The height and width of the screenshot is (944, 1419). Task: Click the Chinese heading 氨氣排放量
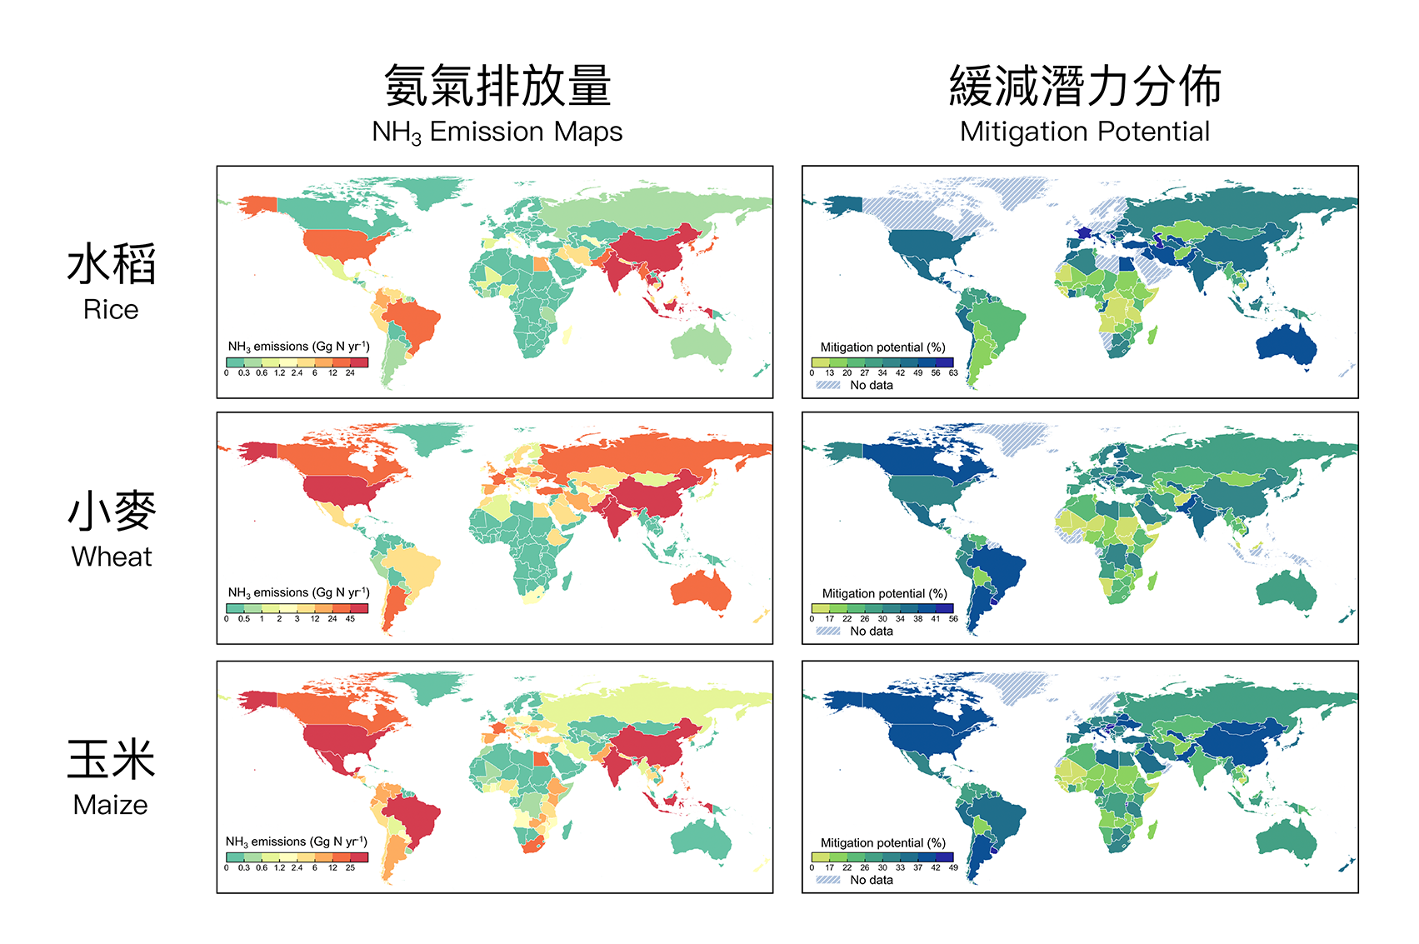tap(497, 87)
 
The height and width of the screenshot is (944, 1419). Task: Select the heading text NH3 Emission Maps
tap(497, 132)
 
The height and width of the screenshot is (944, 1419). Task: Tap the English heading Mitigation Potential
tap(1084, 132)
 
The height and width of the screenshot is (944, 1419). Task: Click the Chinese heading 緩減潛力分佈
tap(1084, 87)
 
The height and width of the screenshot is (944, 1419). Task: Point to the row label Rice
tap(111, 310)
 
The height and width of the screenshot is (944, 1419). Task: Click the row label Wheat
tap(112, 557)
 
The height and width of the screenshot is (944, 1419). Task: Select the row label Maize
tap(110, 805)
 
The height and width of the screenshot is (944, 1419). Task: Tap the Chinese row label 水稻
tap(112, 265)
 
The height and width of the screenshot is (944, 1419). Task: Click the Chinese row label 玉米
tap(112, 760)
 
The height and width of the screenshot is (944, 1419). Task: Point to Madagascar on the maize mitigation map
tap(1153, 830)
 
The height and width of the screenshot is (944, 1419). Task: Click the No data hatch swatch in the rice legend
tap(828, 385)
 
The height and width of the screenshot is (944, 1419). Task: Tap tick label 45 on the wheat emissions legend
tap(350, 619)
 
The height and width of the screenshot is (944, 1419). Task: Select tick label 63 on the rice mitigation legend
tap(953, 373)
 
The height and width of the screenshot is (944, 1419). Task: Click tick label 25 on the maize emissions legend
tap(350, 868)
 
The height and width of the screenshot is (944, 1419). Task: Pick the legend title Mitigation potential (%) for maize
tap(883, 843)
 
